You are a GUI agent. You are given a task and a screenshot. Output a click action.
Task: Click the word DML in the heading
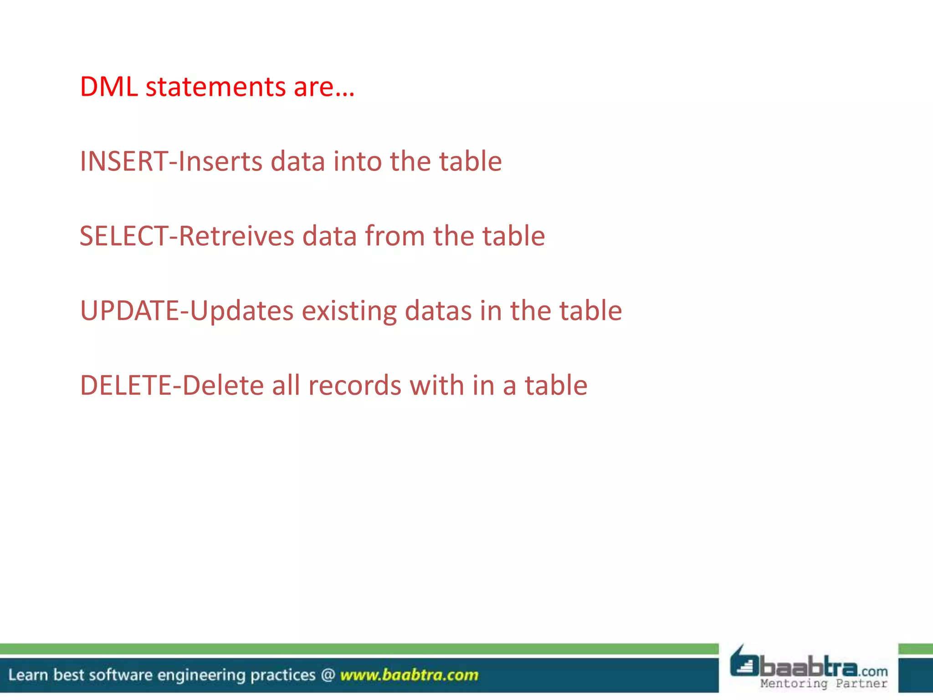[x=109, y=87]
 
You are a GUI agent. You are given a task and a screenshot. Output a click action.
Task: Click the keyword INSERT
[x=124, y=161]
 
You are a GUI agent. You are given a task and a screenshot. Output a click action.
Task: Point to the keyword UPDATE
[x=130, y=311]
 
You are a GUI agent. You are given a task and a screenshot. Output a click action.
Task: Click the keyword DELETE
[x=126, y=386]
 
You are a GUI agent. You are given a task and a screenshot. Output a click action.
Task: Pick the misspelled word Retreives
[x=236, y=236]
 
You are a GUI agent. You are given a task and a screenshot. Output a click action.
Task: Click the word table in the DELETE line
[x=556, y=386]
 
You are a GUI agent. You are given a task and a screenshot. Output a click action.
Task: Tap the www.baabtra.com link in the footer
[x=409, y=675]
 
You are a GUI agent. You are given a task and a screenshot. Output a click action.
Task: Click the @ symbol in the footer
[x=328, y=675]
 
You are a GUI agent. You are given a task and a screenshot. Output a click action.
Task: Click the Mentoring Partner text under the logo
[x=823, y=684]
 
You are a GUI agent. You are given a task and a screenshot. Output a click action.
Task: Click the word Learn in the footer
[x=28, y=675]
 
